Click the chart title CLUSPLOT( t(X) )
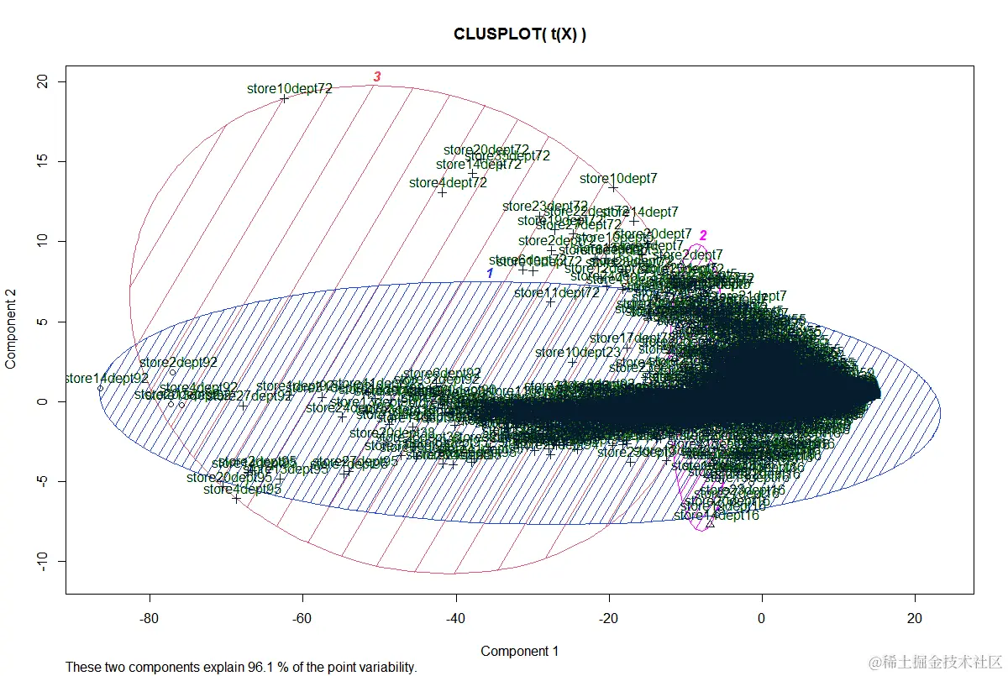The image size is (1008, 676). click(519, 34)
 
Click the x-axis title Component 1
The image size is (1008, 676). click(519, 651)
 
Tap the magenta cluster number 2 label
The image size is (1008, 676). click(704, 235)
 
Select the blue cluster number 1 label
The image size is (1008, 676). click(490, 274)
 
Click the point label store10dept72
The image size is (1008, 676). click(290, 88)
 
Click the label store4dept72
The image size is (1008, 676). click(448, 182)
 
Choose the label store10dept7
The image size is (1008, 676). click(618, 178)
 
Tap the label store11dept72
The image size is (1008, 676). click(556, 293)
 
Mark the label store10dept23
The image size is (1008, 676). click(577, 352)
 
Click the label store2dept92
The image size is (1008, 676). click(178, 363)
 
